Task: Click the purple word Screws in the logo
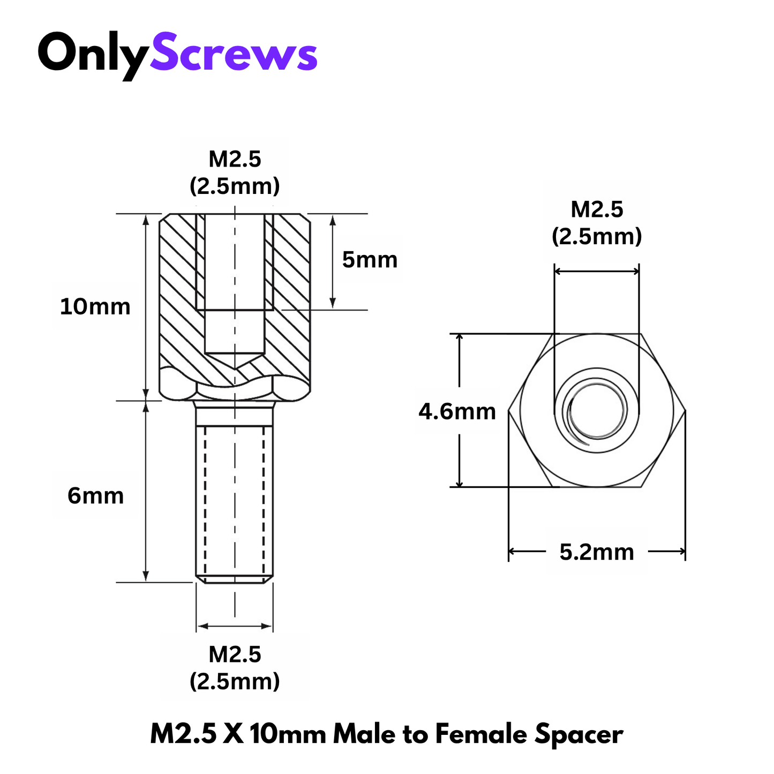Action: (x=234, y=54)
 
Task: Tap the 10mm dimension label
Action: (x=95, y=307)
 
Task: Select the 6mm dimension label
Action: (x=95, y=496)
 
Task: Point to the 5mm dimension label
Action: (x=370, y=260)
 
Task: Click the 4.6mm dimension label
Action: (x=457, y=411)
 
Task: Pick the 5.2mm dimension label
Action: (x=597, y=552)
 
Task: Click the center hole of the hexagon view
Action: (x=597, y=411)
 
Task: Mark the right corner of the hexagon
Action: (x=685, y=411)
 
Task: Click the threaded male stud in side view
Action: (x=235, y=498)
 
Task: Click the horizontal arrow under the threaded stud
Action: (x=235, y=626)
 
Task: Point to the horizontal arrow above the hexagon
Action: (x=597, y=271)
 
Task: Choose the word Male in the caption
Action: (x=364, y=734)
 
